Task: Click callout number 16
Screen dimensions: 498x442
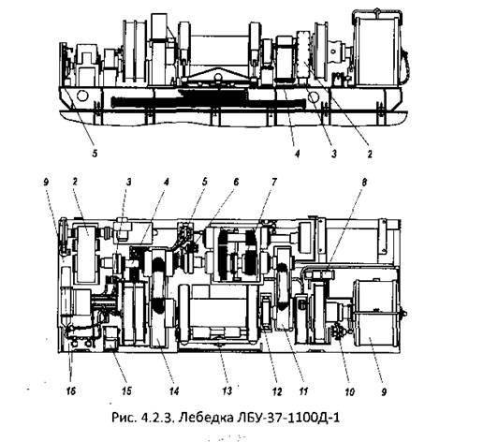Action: point(71,390)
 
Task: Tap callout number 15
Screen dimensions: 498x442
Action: point(126,390)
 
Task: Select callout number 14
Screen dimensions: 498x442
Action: point(174,390)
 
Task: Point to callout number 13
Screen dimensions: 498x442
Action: point(227,390)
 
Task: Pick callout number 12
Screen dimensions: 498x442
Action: point(277,391)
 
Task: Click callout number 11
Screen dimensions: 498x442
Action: point(303,390)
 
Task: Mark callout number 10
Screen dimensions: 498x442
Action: point(349,391)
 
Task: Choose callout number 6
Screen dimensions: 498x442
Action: point(235,182)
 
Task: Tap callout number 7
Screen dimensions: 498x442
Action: point(274,182)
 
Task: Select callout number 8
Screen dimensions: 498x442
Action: point(364,182)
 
